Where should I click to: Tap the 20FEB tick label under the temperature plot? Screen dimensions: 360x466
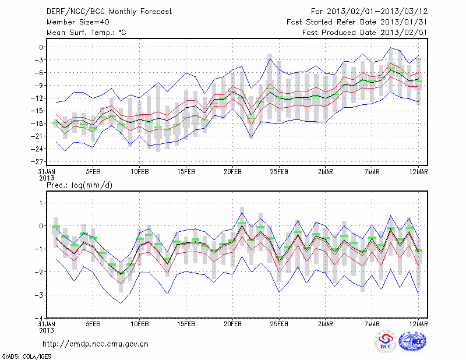[232, 172]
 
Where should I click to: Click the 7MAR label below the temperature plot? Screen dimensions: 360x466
[372, 172]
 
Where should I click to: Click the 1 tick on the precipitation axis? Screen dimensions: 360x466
[41, 203]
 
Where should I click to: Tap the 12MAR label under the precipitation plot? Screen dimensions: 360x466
[419, 323]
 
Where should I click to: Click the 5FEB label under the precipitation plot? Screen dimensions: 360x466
[93, 323]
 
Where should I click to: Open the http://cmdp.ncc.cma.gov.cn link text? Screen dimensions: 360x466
[96, 344]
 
